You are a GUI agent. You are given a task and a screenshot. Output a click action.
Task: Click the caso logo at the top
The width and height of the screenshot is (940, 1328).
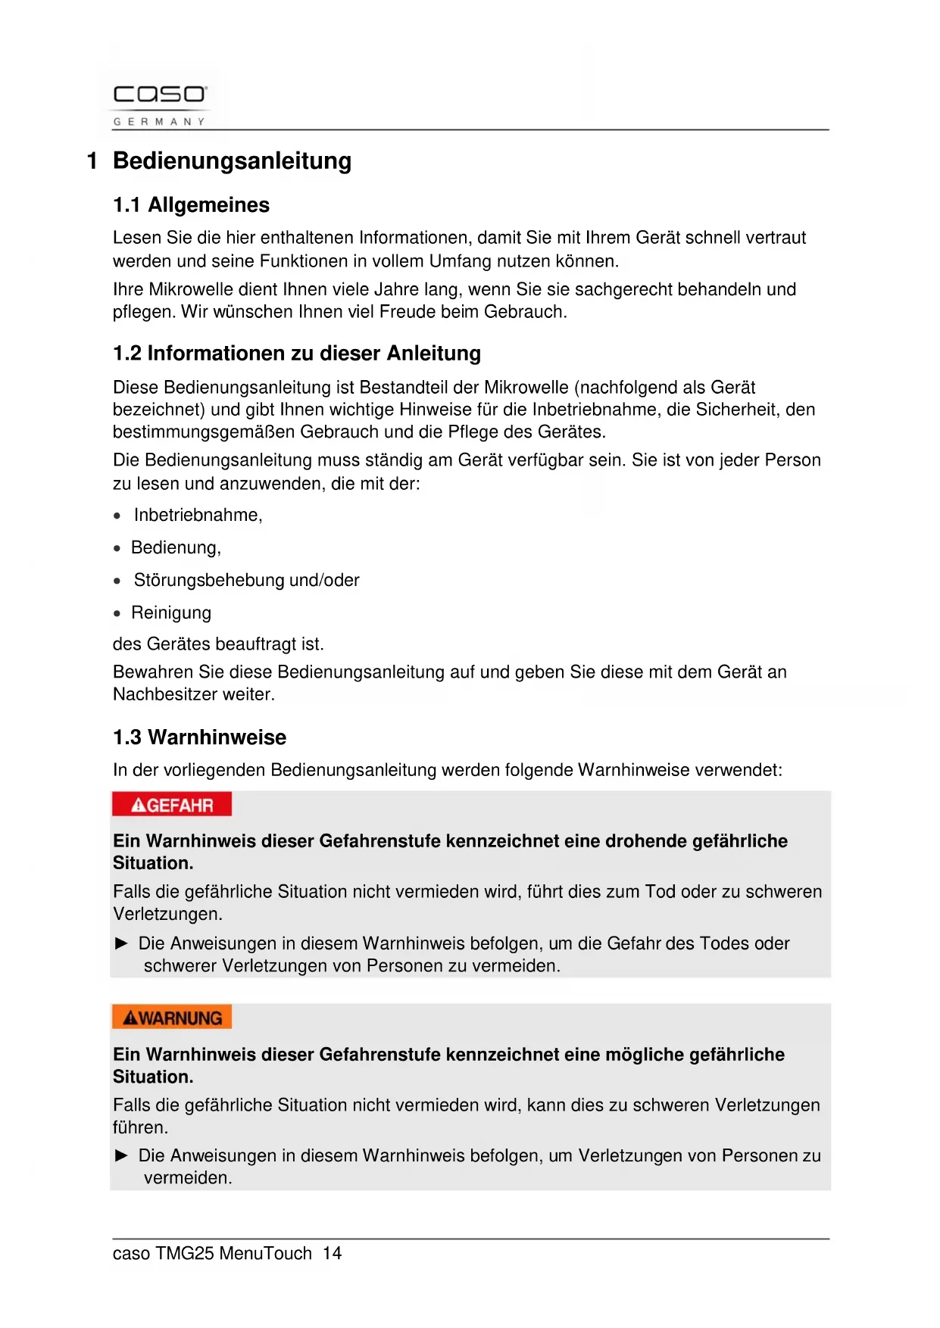(x=159, y=95)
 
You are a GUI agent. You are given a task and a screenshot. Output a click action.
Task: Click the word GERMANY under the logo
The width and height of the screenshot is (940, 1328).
(x=159, y=121)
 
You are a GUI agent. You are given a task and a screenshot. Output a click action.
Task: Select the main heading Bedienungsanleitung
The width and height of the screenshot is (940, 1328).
(x=232, y=161)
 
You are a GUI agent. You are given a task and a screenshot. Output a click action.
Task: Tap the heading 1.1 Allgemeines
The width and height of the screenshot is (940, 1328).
(x=191, y=205)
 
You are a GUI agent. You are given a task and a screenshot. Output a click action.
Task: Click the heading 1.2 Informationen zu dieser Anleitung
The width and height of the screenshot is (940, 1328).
(x=297, y=354)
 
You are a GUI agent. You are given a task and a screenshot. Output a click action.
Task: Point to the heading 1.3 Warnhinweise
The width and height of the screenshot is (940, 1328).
(x=199, y=737)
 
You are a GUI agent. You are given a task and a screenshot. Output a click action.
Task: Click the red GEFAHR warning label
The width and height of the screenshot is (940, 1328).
(x=172, y=805)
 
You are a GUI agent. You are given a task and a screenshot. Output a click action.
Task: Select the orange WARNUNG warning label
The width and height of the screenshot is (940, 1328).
(x=172, y=1018)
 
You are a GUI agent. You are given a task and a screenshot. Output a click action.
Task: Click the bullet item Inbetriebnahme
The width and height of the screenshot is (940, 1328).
(x=198, y=516)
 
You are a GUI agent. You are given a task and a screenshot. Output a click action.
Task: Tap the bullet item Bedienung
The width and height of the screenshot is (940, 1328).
(x=176, y=548)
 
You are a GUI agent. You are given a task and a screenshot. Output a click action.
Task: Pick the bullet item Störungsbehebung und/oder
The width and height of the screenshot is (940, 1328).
(x=246, y=581)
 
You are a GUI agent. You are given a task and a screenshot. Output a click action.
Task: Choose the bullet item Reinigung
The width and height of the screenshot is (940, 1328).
(x=171, y=613)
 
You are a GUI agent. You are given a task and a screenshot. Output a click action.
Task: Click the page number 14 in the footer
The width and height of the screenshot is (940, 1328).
(x=332, y=1254)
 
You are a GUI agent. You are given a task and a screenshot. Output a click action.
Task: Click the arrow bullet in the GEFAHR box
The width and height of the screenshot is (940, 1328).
(x=121, y=943)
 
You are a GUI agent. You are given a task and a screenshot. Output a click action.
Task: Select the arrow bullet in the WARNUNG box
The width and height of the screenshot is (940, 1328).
(x=121, y=1156)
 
